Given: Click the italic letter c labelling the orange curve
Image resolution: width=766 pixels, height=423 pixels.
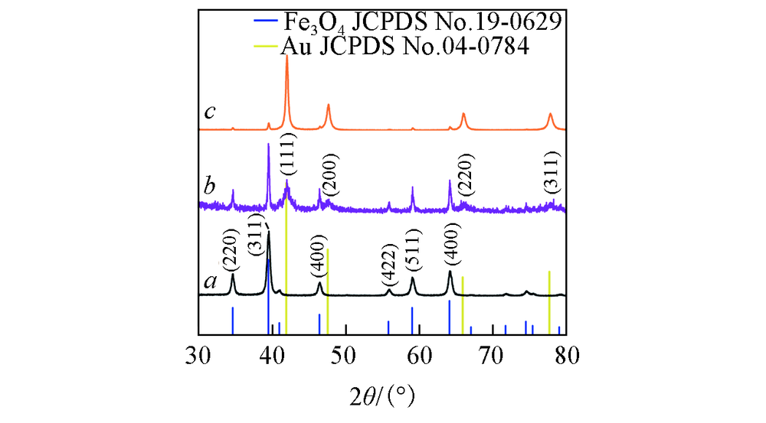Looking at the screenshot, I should click(208, 112).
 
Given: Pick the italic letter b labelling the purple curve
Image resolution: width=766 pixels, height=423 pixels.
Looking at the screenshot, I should click(208, 186).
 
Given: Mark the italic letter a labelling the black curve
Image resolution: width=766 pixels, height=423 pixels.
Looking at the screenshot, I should click(208, 282).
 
